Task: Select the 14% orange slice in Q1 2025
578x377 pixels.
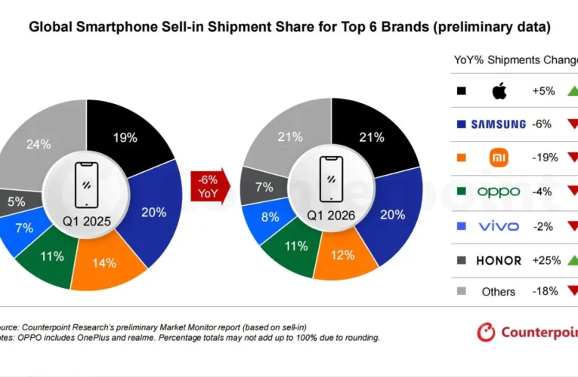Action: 104,264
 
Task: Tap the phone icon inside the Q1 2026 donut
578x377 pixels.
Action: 329,179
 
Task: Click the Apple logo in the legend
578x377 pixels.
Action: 499,91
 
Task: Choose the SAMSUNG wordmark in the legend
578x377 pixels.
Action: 498,124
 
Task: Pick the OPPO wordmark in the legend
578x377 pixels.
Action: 498,192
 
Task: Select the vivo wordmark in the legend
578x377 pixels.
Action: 499,225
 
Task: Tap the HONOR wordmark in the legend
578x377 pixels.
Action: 498,260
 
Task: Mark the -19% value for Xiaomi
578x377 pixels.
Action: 545,158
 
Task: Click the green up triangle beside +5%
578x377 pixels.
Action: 572,90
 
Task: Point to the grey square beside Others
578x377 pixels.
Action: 462,291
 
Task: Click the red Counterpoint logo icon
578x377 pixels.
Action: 487,332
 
